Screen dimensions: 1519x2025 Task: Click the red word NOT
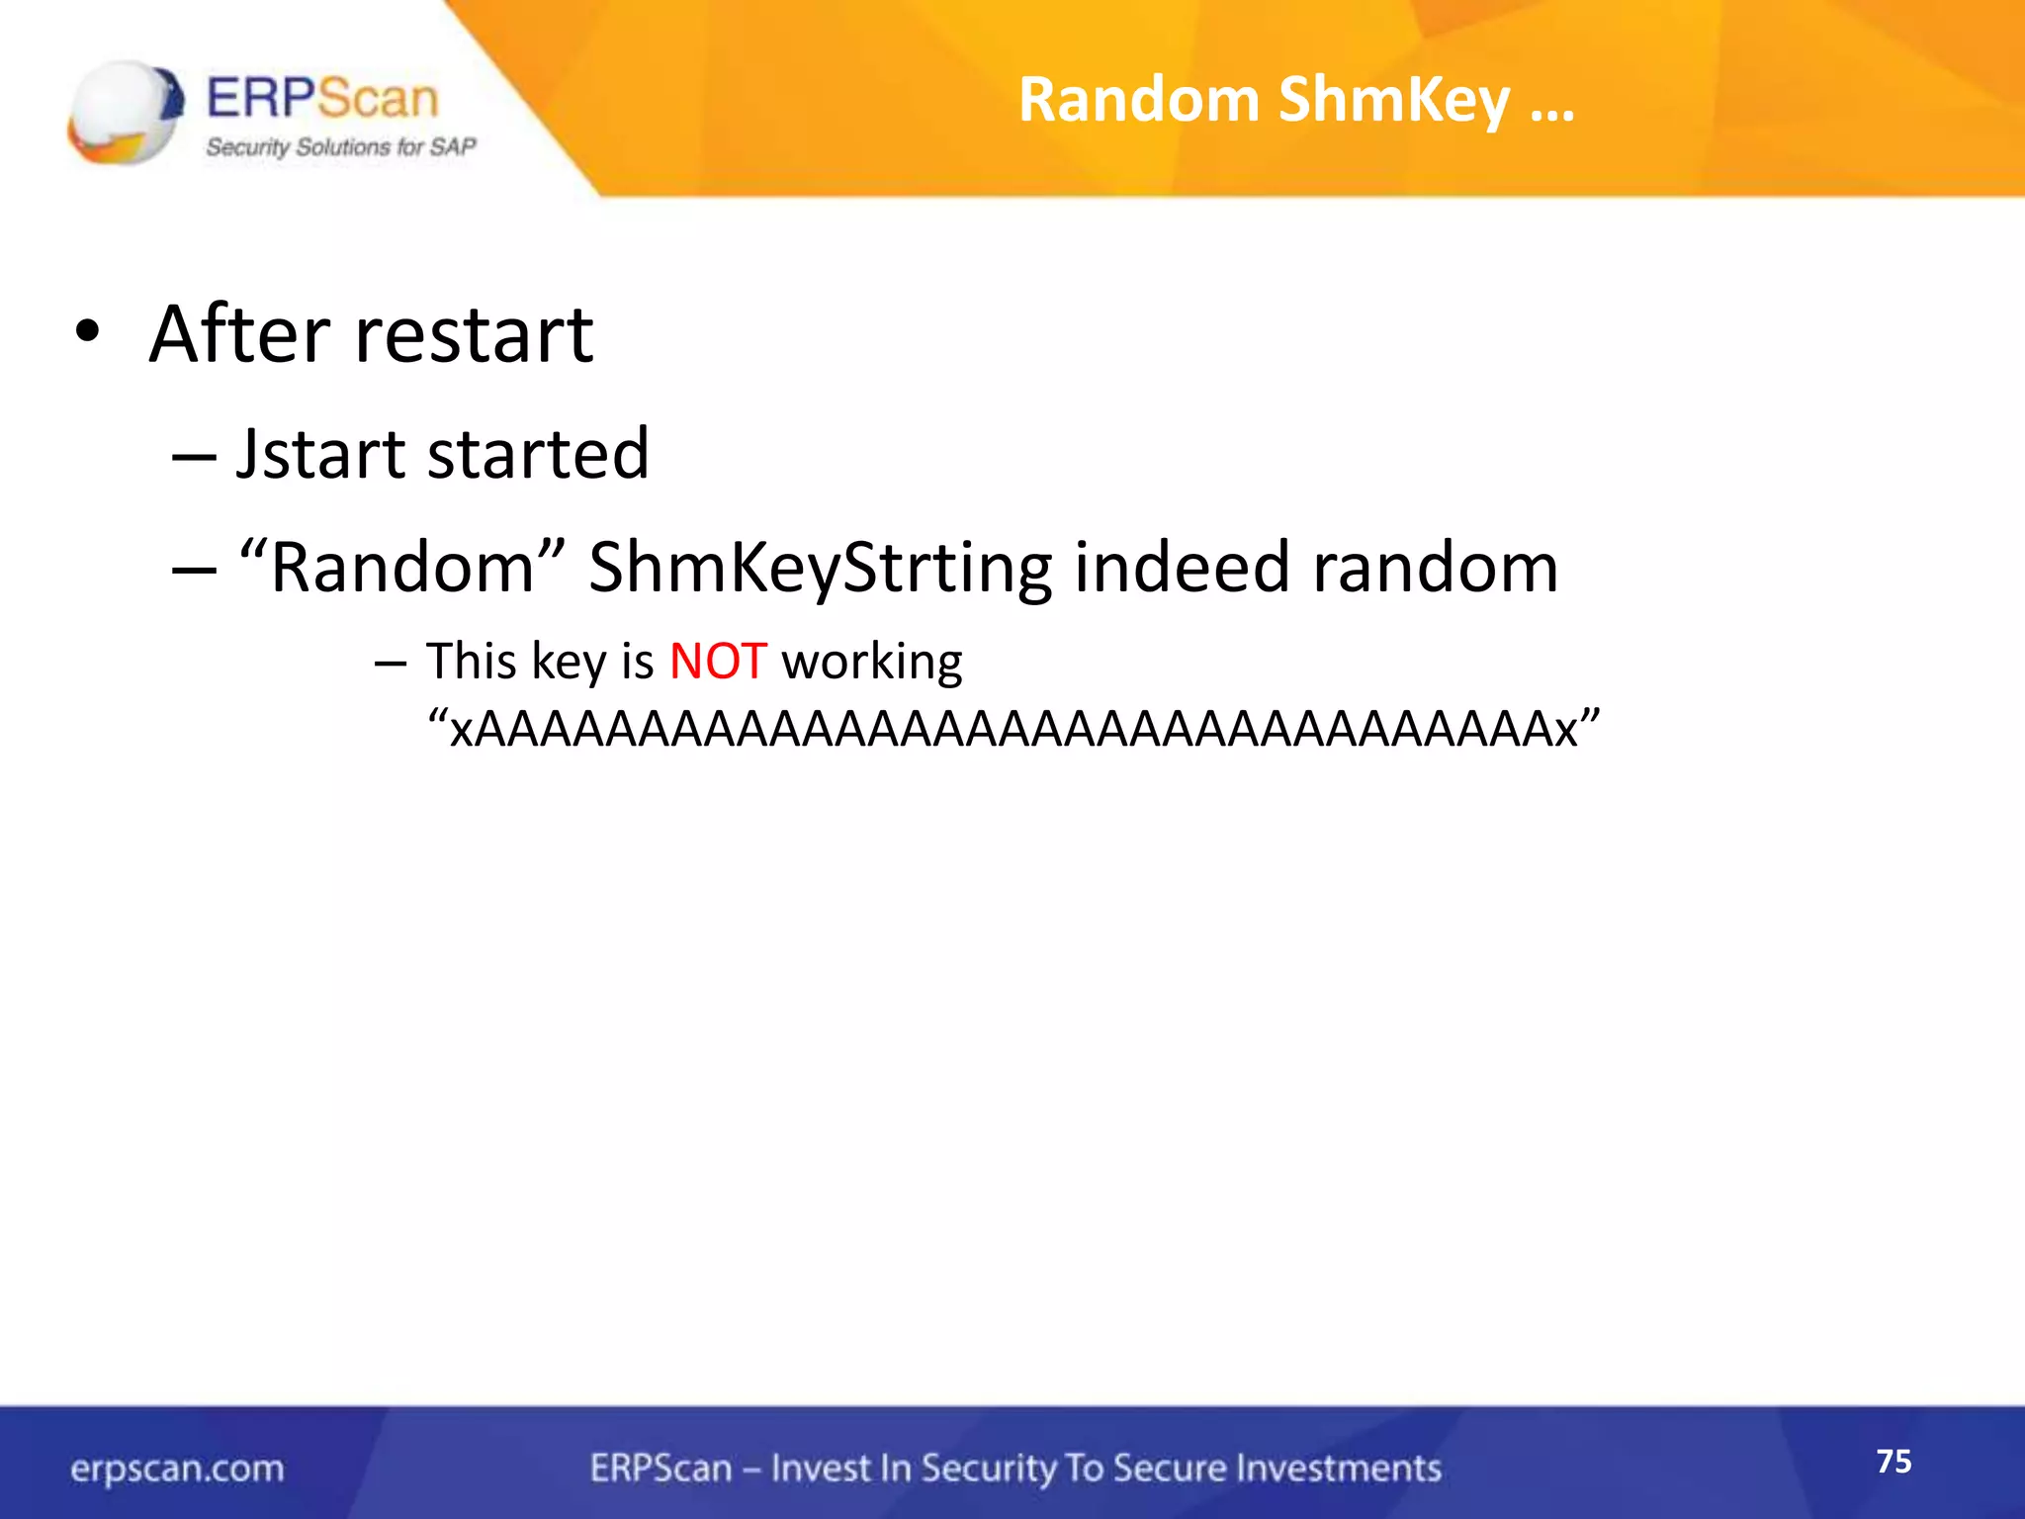718,661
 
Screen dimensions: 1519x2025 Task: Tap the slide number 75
1893,1461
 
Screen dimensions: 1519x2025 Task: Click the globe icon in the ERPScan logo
125,112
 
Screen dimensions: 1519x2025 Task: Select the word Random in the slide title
1137,101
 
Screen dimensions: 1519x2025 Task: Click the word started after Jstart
539,454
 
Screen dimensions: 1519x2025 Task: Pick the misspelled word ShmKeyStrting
820,569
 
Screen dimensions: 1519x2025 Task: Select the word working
871,663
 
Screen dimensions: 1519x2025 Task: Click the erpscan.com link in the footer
177,1469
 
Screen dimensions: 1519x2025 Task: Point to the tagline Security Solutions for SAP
340,147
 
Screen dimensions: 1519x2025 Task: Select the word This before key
472,661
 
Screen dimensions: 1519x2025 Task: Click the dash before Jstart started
193,457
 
